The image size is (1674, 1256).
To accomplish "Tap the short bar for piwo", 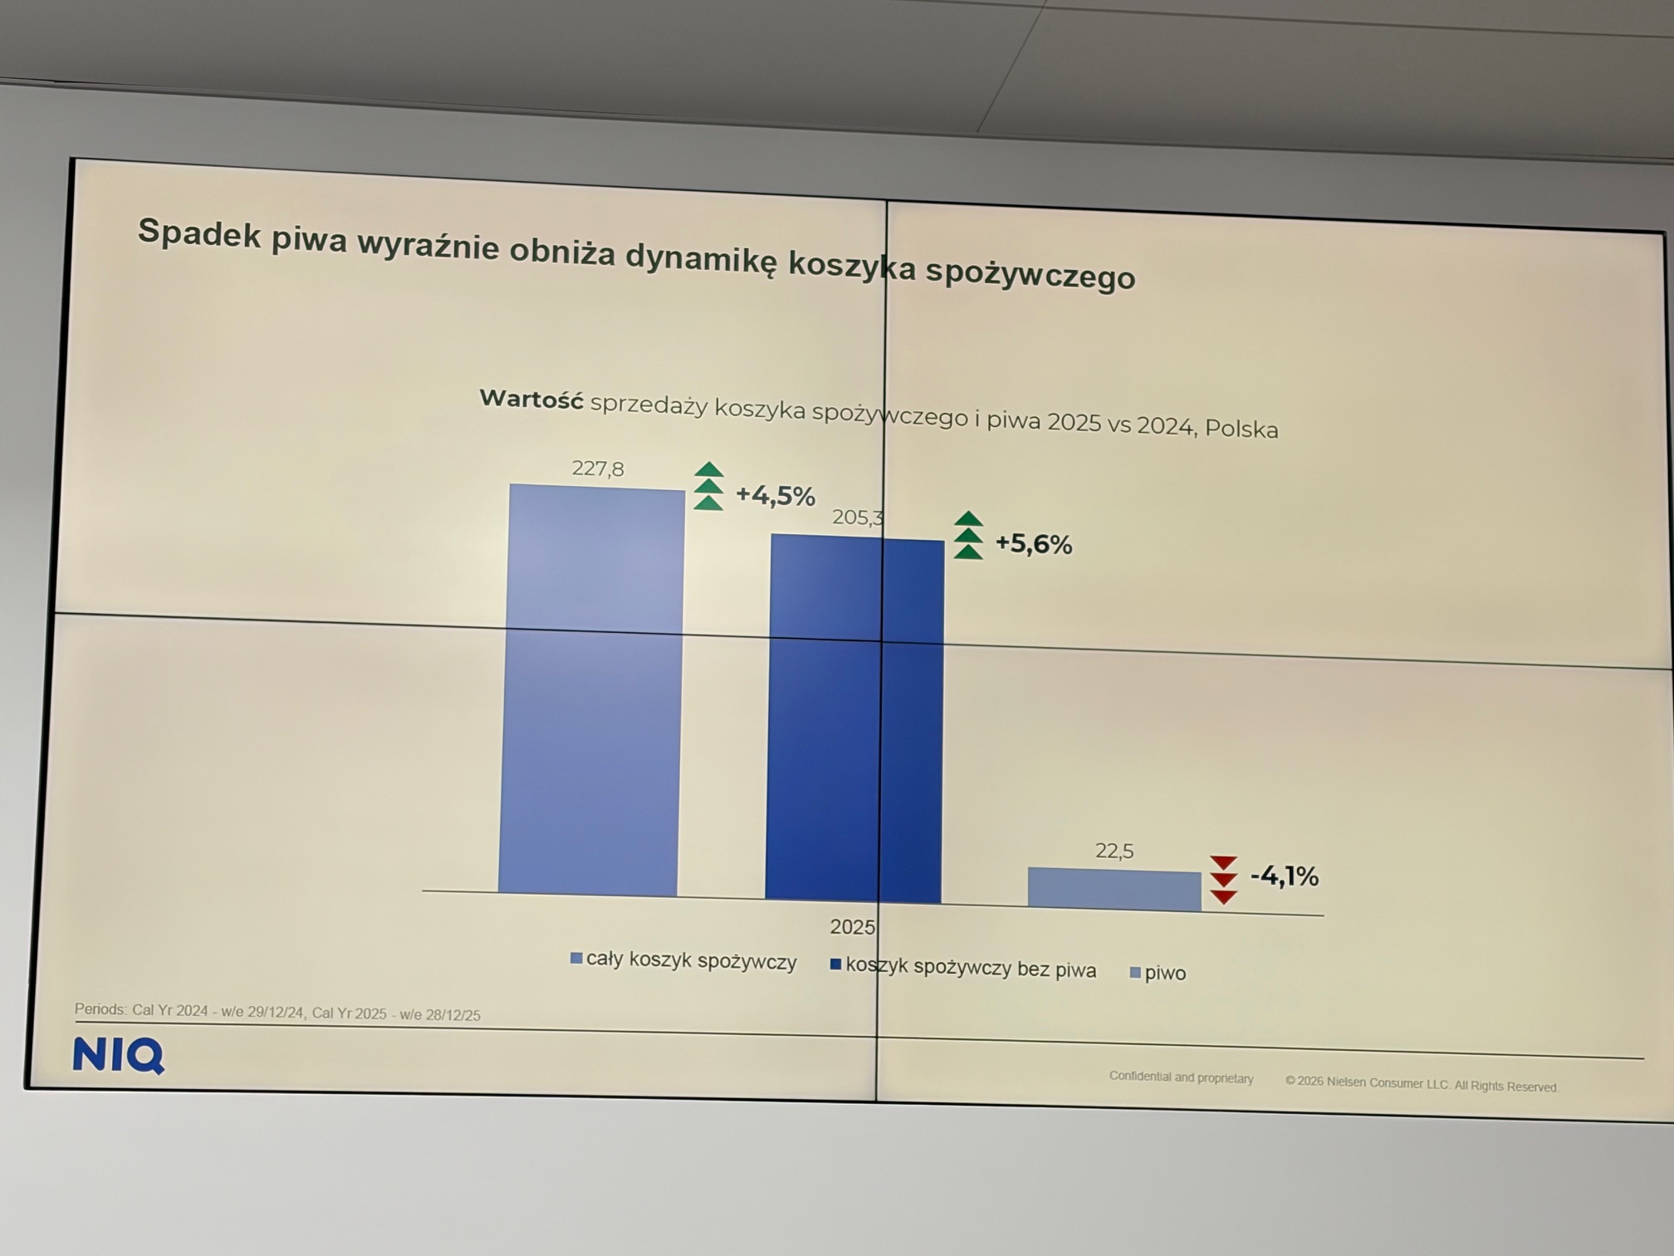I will click(1114, 890).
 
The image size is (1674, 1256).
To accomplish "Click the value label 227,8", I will click(598, 469).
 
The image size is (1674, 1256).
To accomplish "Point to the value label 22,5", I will click(1114, 851).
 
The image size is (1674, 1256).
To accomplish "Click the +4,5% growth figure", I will click(776, 496).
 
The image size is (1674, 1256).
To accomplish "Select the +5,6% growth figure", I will click(1034, 544).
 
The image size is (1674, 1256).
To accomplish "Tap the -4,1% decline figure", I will click(1285, 876).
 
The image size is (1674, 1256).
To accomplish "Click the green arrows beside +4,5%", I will click(708, 487).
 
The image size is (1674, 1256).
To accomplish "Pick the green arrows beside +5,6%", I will click(968, 536).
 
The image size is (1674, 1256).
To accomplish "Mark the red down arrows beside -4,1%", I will click(1223, 880).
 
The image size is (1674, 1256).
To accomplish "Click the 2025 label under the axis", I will click(852, 927).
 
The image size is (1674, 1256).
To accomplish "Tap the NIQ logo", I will click(119, 1055).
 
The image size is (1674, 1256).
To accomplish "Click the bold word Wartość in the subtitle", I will click(531, 400).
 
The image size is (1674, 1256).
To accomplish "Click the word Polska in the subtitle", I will click(1241, 429).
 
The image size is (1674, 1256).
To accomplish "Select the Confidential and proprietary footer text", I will click(1181, 1077).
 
